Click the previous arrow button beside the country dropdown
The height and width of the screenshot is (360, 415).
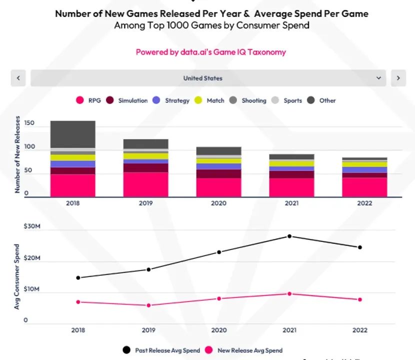[18, 78]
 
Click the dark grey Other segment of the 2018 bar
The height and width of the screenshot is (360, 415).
[72, 134]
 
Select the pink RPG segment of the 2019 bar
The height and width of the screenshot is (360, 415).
[146, 184]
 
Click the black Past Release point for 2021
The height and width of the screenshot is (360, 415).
[289, 236]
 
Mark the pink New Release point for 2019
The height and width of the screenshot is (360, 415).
[149, 305]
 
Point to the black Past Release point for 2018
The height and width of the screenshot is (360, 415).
[78, 277]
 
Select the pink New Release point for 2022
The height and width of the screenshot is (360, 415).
[360, 299]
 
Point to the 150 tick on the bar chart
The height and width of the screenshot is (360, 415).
[29, 123]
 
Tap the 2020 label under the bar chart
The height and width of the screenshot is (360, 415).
[218, 203]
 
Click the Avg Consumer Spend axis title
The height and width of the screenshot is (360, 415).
[17, 276]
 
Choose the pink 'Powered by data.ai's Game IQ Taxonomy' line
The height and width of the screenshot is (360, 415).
[210, 52]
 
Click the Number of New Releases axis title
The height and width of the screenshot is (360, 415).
[18, 154]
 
